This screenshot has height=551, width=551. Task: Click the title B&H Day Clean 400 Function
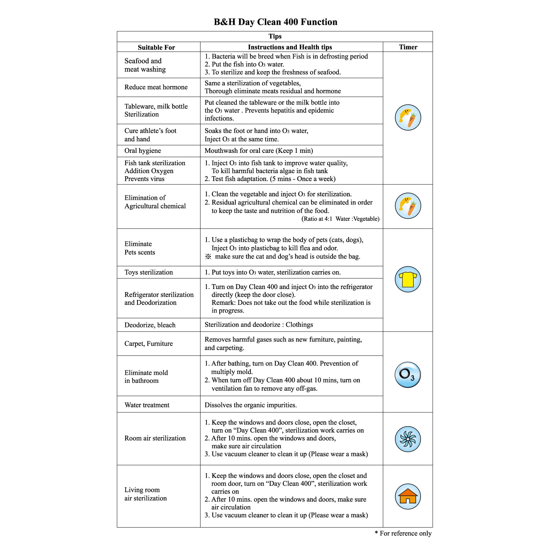[x=275, y=22]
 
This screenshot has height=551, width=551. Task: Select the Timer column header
[x=408, y=47]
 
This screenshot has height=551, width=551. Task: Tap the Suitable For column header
[x=156, y=47]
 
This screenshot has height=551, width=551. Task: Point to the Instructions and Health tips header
[x=290, y=47]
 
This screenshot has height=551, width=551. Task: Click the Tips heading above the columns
[x=275, y=36]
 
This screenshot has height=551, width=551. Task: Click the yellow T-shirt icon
[x=408, y=279]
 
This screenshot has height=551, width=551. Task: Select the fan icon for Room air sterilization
[x=408, y=439]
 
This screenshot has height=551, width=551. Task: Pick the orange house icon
[x=408, y=496]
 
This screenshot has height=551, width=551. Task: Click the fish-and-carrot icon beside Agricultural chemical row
[x=408, y=206]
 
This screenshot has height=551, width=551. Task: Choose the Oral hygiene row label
[x=143, y=151]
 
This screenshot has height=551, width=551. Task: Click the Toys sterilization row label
[x=149, y=272]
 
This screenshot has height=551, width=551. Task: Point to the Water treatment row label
[x=147, y=405]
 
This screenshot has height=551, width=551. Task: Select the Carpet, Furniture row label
[x=149, y=343]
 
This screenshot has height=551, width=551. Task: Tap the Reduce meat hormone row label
[x=156, y=87]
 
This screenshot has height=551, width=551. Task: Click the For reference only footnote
[x=403, y=533]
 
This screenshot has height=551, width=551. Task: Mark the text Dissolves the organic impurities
[x=251, y=405]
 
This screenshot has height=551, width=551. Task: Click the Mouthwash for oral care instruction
[x=259, y=151]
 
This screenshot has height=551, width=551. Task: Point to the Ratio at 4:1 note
[x=340, y=219]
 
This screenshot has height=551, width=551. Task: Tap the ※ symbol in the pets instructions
[x=208, y=257]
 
